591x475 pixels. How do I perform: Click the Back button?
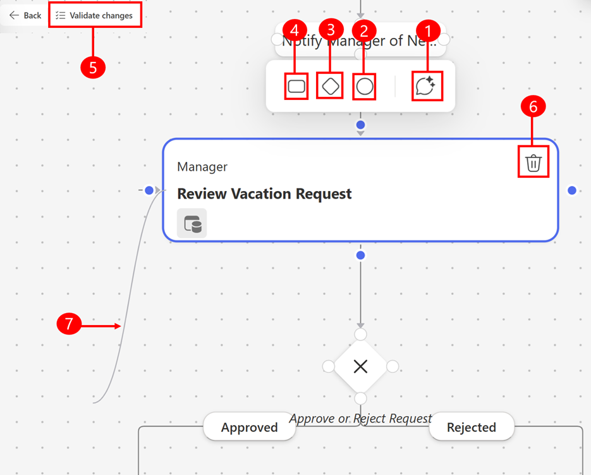pos(25,15)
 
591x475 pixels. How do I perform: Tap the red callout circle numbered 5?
pos(93,68)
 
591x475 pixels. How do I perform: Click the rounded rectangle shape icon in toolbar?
pos(296,86)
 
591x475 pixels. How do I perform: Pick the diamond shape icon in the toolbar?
pos(330,86)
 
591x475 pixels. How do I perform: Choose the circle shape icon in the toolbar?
pos(364,86)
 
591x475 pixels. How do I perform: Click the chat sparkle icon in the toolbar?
pos(425,86)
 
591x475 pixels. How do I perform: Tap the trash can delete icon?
pos(533,163)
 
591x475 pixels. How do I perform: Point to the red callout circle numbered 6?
pos(533,108)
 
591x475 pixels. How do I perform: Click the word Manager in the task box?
pos(202,167)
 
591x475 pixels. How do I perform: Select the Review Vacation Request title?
pos(264,194)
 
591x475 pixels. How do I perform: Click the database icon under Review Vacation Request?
pos(192,224)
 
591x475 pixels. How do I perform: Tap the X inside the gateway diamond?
pos(360,366)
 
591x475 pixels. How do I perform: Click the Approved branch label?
pos(249,428)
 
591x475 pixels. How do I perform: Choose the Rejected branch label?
pos(472,428)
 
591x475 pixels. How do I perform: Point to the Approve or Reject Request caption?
pos(360,418)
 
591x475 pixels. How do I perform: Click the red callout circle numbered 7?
pos(69,325)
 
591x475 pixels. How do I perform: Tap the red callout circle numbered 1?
pos(430,29)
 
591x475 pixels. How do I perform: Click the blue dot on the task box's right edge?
pos(572,190)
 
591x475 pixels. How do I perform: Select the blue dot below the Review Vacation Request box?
pos(360,256)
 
